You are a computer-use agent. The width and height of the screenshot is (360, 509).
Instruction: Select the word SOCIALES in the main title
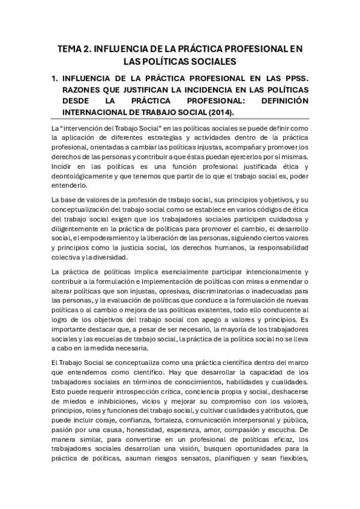pyautogui.click(x=213, y=61)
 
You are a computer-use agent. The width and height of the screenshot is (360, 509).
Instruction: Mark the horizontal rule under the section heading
pyautogui.click(x=179, y=120)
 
